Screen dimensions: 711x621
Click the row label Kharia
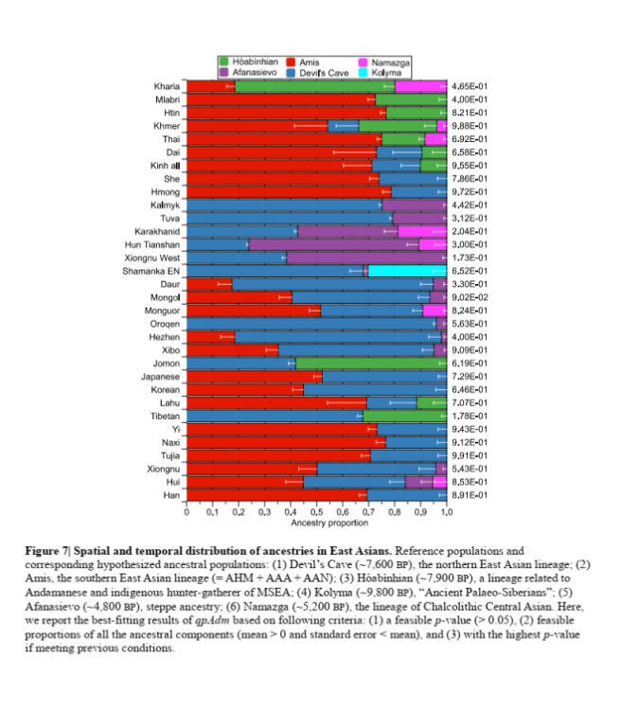[167, 86]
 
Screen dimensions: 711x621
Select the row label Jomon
[168, 363]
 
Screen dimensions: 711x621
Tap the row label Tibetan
[166, 416]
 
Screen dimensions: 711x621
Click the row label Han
[172, 494]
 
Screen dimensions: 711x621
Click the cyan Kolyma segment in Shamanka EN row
[407, 270]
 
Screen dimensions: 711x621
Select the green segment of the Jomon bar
[370, 363]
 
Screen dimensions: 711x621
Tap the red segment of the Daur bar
[209, 283]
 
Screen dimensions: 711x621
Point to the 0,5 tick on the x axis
[317, 512]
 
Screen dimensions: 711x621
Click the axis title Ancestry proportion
[317, 524]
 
